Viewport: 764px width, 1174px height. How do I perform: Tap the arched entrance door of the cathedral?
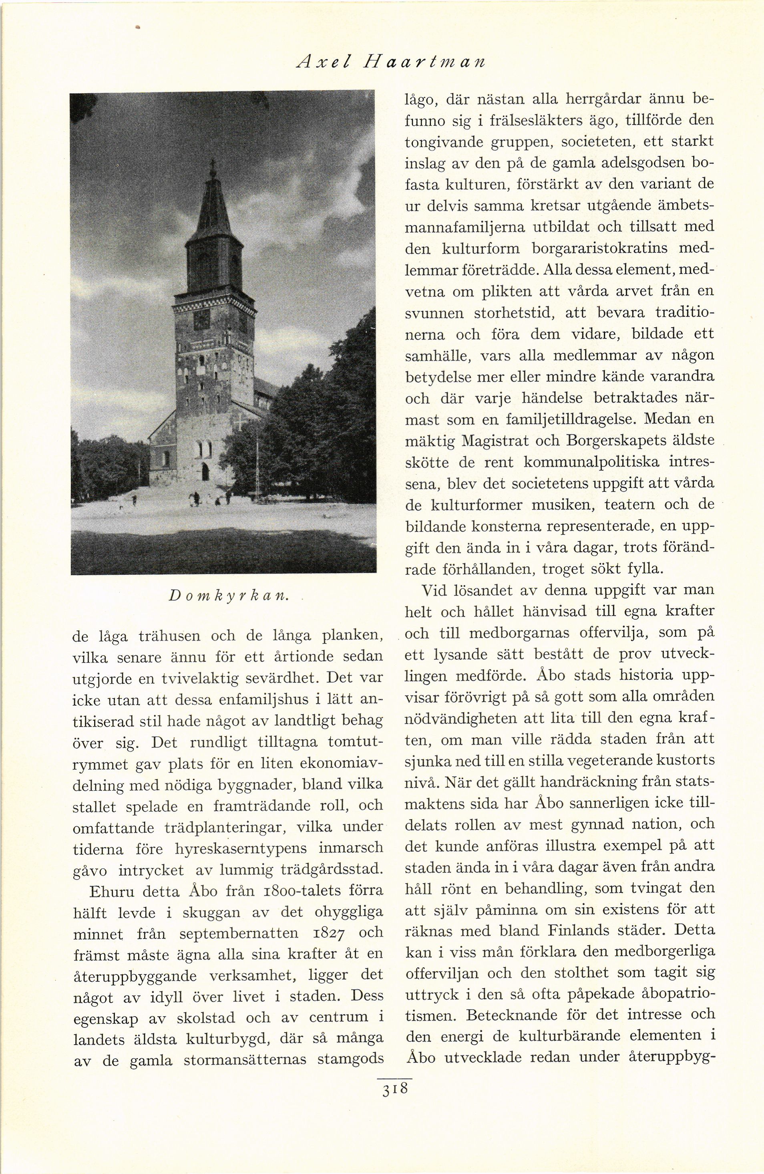205,473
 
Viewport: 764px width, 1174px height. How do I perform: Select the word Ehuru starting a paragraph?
113,891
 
